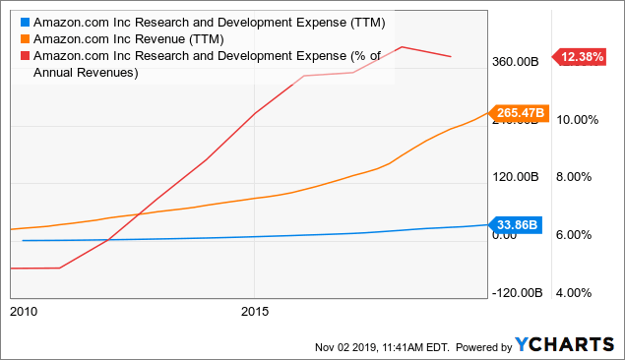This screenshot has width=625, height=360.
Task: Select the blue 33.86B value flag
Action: (x=515, y=225)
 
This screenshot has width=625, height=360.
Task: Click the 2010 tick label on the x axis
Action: (x=23, y=312)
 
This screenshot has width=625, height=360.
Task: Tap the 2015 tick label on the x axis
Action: (x=254, y=312)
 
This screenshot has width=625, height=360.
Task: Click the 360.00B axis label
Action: (x=516, y=62)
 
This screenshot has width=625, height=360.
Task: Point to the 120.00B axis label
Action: (x=516, y=177)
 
